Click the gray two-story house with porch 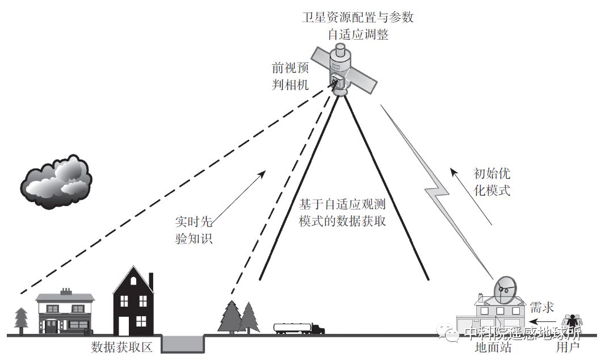pos(65,312)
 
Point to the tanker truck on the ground pos(299,328)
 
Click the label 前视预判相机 pos(289,77)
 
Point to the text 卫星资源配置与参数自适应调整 pos(358,26)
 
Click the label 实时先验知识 pos(194,229)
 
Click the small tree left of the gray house pos(21,320)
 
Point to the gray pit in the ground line pos(183,342)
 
